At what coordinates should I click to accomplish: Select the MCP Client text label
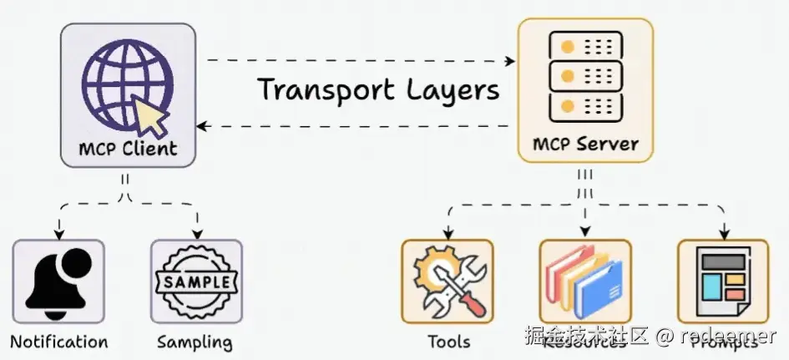coord(128,149)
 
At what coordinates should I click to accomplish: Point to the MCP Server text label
coord(585,143)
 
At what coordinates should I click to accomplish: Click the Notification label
coord(58,342)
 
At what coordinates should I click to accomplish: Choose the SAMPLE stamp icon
coord(196,282)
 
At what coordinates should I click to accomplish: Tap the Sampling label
coord(195,342)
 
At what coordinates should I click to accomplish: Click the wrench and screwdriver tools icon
coord(448,281)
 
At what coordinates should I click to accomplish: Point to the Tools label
coord(448,342)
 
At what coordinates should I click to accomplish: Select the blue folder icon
coord(598,288)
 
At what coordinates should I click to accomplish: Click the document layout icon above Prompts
coord(723,281)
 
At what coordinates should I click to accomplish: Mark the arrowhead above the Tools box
coord(448,232)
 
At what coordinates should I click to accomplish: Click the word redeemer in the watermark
coord(727,337)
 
